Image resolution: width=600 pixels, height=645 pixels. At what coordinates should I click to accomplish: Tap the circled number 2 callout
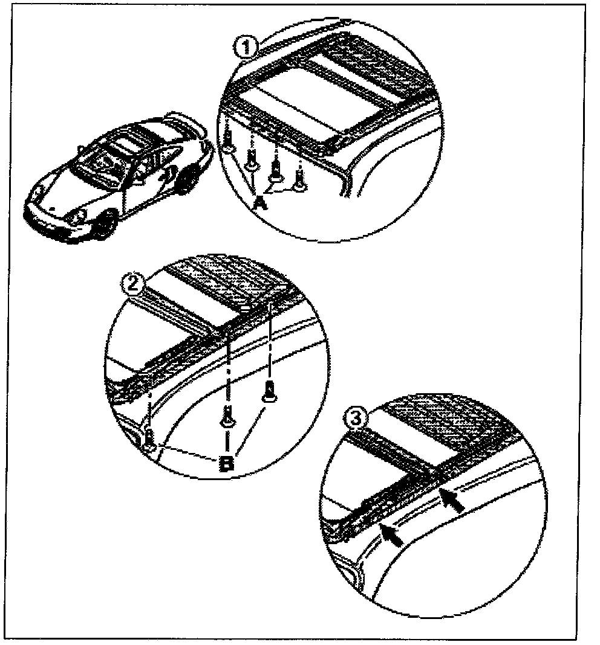pyautogui.click(x=131, y=283)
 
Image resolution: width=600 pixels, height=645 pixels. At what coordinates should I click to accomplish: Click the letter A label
pyautogui.click(x=259, y=204)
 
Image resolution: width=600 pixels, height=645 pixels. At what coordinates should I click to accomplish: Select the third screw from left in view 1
pyautogui.click(x=276, y=172)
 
